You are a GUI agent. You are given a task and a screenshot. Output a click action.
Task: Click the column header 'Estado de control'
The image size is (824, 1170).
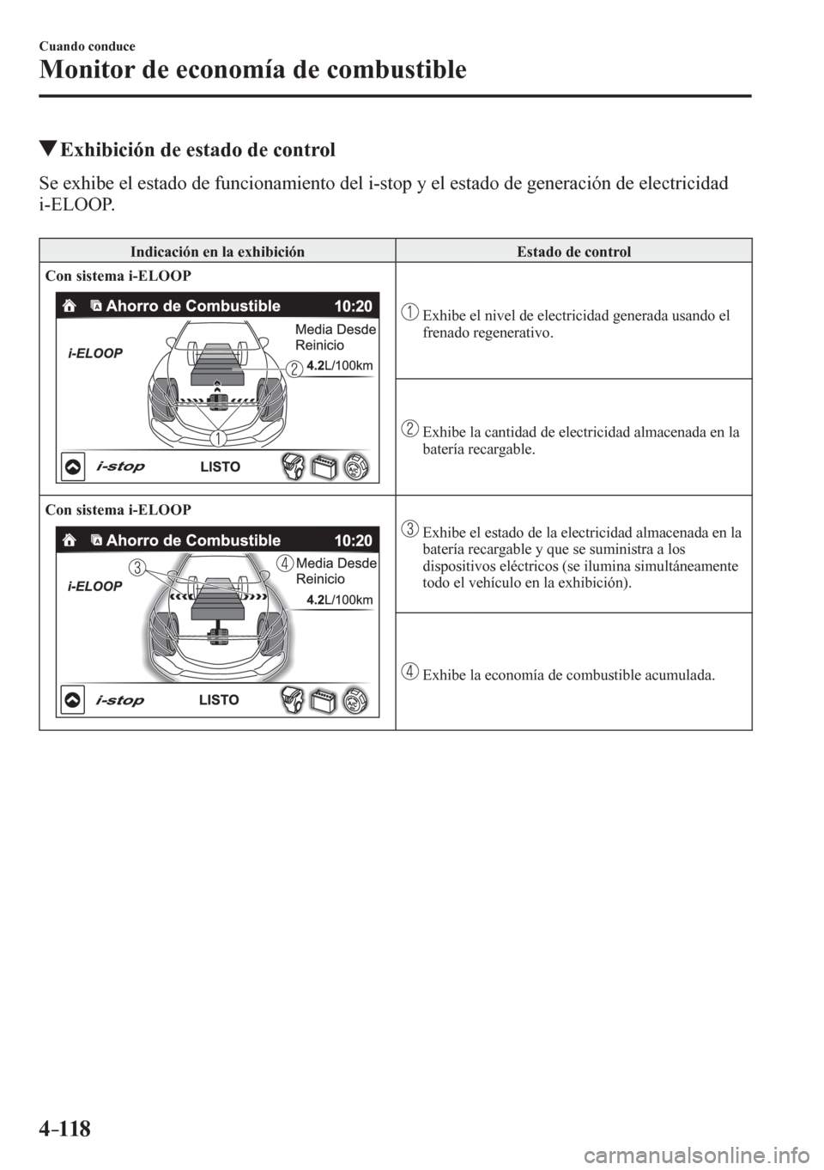(573, 252)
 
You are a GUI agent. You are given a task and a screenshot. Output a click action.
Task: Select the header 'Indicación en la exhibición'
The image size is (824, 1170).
(217, 252)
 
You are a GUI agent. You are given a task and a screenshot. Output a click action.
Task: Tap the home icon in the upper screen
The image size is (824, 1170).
(69, 306)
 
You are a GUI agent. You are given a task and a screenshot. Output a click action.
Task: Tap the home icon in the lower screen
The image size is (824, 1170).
(69, 540)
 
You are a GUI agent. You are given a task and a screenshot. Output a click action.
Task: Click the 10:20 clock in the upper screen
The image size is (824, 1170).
(354, 306)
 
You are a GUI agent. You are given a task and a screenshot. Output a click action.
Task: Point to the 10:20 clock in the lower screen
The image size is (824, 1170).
(354, 540)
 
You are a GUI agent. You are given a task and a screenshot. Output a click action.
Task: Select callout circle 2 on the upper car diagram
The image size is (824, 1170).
(294, 368)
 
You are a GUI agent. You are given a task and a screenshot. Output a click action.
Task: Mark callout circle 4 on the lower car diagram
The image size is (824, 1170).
(284, 563)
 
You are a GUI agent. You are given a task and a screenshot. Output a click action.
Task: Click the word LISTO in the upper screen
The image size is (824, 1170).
(221, 466)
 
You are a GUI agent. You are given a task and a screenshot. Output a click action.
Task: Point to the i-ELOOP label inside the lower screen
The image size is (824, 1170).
(95, 587)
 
